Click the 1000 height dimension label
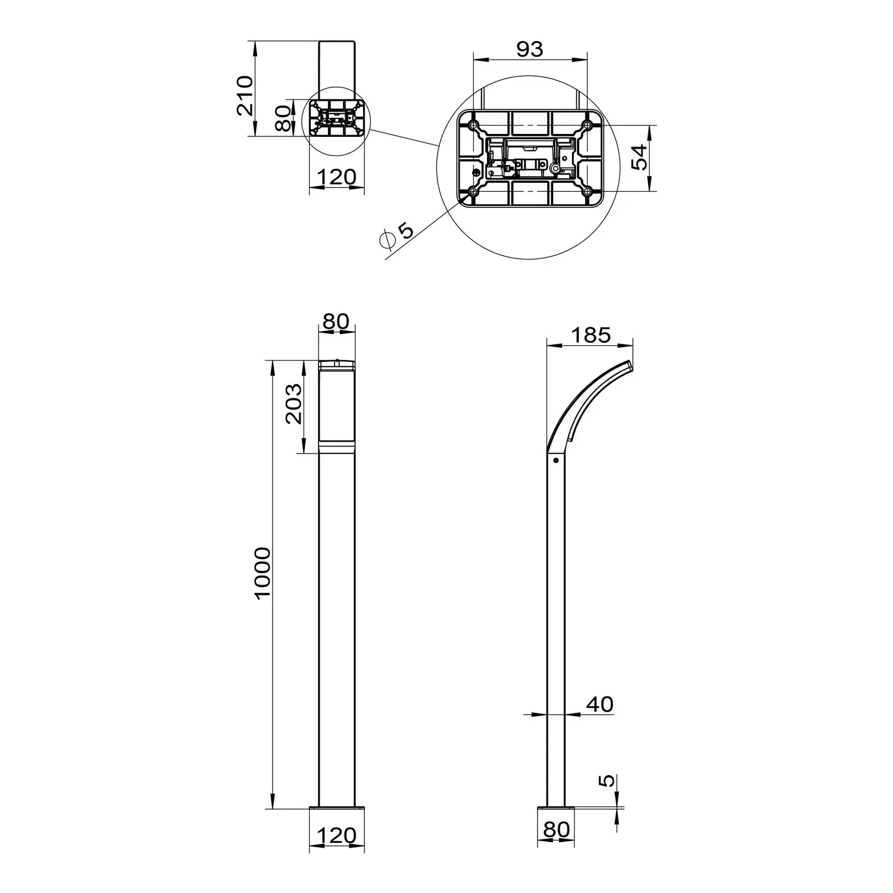pos(263,573)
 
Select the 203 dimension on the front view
pos(293,404)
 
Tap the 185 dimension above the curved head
pos(591,335)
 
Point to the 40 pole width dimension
pos(600,704)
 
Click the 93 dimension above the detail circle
pos(529,49)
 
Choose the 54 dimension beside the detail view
pos(638,157)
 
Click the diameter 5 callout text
pos(396,234)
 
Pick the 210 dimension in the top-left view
pos(245,96)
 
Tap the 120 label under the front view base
pos(336,835)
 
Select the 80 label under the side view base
pos(557,829)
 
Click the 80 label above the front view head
pos(336,321)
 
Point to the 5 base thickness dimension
pos(606,780)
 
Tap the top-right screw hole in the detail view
pos(587,125)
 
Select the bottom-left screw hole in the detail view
pos(473,191)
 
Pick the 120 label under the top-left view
pos(336,177)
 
